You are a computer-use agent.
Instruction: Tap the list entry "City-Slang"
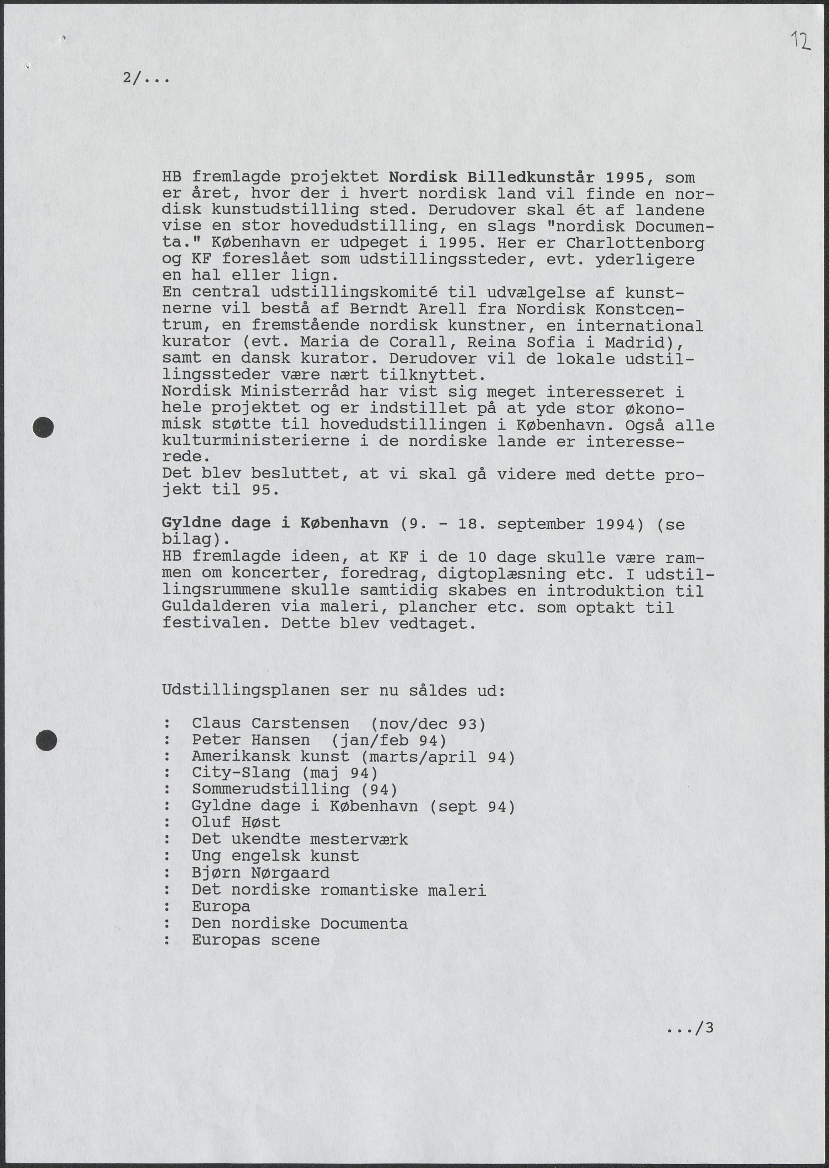(x=241, y=773)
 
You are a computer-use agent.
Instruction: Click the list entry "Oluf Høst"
(x=236, y=822)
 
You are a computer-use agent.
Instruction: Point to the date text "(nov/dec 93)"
(x=428, y=724)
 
